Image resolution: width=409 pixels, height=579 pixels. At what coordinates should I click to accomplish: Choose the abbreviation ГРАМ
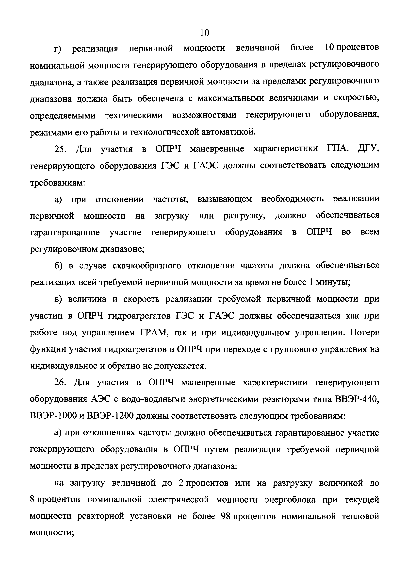[x=151, y=333]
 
